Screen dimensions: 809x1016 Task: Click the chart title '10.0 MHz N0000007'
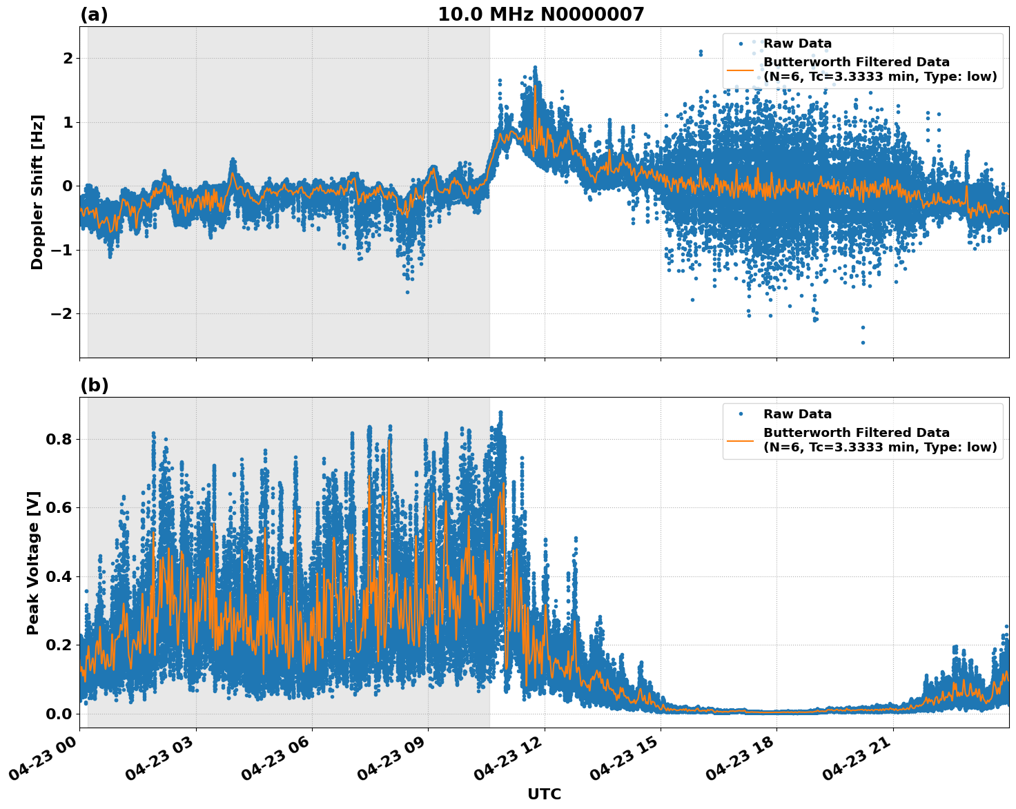coord(540,14)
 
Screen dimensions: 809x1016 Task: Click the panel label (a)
coord(94,14)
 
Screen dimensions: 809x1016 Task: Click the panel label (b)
coord(94,385)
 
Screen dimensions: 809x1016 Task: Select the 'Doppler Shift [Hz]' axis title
coord(37,192)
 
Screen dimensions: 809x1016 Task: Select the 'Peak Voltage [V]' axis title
coord(33,563)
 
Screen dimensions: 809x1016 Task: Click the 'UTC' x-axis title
coord(544,794)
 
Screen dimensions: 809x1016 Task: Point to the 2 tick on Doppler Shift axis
coord(67,59)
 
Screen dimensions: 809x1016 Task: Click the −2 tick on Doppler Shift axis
coord(62,314)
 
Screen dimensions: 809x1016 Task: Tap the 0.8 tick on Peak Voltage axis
coord(58,439)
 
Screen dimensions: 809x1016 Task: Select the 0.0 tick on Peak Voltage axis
coord(58,714)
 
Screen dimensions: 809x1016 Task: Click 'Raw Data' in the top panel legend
coord(797,43)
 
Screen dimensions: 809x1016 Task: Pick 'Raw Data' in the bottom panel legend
coord(797,414)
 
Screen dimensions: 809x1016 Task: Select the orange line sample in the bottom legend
coord(740,440)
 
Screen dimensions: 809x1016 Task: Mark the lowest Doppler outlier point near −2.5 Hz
coord(863,342)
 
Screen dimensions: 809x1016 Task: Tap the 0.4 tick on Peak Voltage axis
coord(58,576)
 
